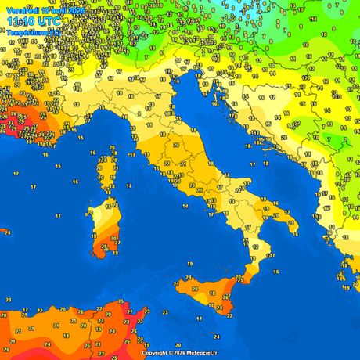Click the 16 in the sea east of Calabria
coord(276,272)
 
